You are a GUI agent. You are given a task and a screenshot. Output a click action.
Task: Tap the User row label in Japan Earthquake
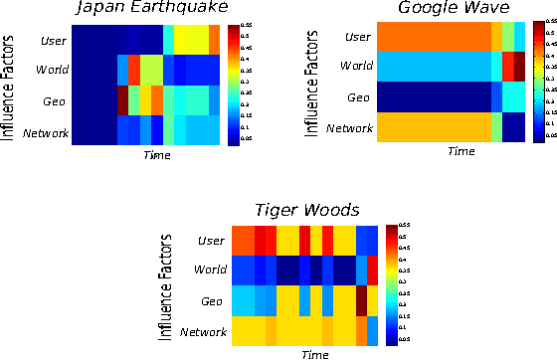[x=55, y=41]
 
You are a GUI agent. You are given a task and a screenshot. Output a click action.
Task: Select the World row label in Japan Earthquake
[x=52, y=72]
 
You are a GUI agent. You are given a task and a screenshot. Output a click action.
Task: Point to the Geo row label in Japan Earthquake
[x=56, y=101]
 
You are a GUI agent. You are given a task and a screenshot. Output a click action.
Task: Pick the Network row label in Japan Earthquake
[x=46, y=131]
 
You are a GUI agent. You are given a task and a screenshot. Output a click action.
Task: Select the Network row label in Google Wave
[x=350, y=127]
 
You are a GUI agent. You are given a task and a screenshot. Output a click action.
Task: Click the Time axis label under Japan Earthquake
[x=156, y=155]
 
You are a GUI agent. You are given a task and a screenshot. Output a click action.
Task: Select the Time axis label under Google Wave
[x=461, y=151]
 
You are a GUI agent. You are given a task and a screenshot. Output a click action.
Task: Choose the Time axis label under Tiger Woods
[x=315, y=354]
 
